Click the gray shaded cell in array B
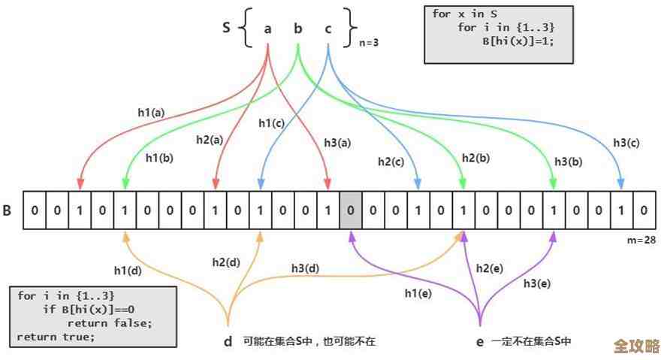(351, 210)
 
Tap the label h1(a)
(151, 112)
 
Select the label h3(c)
(626, 142)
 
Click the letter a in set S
(268, 29)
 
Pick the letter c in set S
(328, 29)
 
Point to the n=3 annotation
(368, 43)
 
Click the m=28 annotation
(641, 239)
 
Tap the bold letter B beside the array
(7, 210)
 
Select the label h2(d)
(225, 262)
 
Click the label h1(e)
(418, 294)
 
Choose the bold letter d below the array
(228, 341)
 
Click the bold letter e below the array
(480, 341)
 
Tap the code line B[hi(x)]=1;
(518, 41)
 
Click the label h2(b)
(475, 157)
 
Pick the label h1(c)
(271, 123)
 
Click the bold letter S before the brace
(226, 28)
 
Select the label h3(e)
(537, 283)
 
